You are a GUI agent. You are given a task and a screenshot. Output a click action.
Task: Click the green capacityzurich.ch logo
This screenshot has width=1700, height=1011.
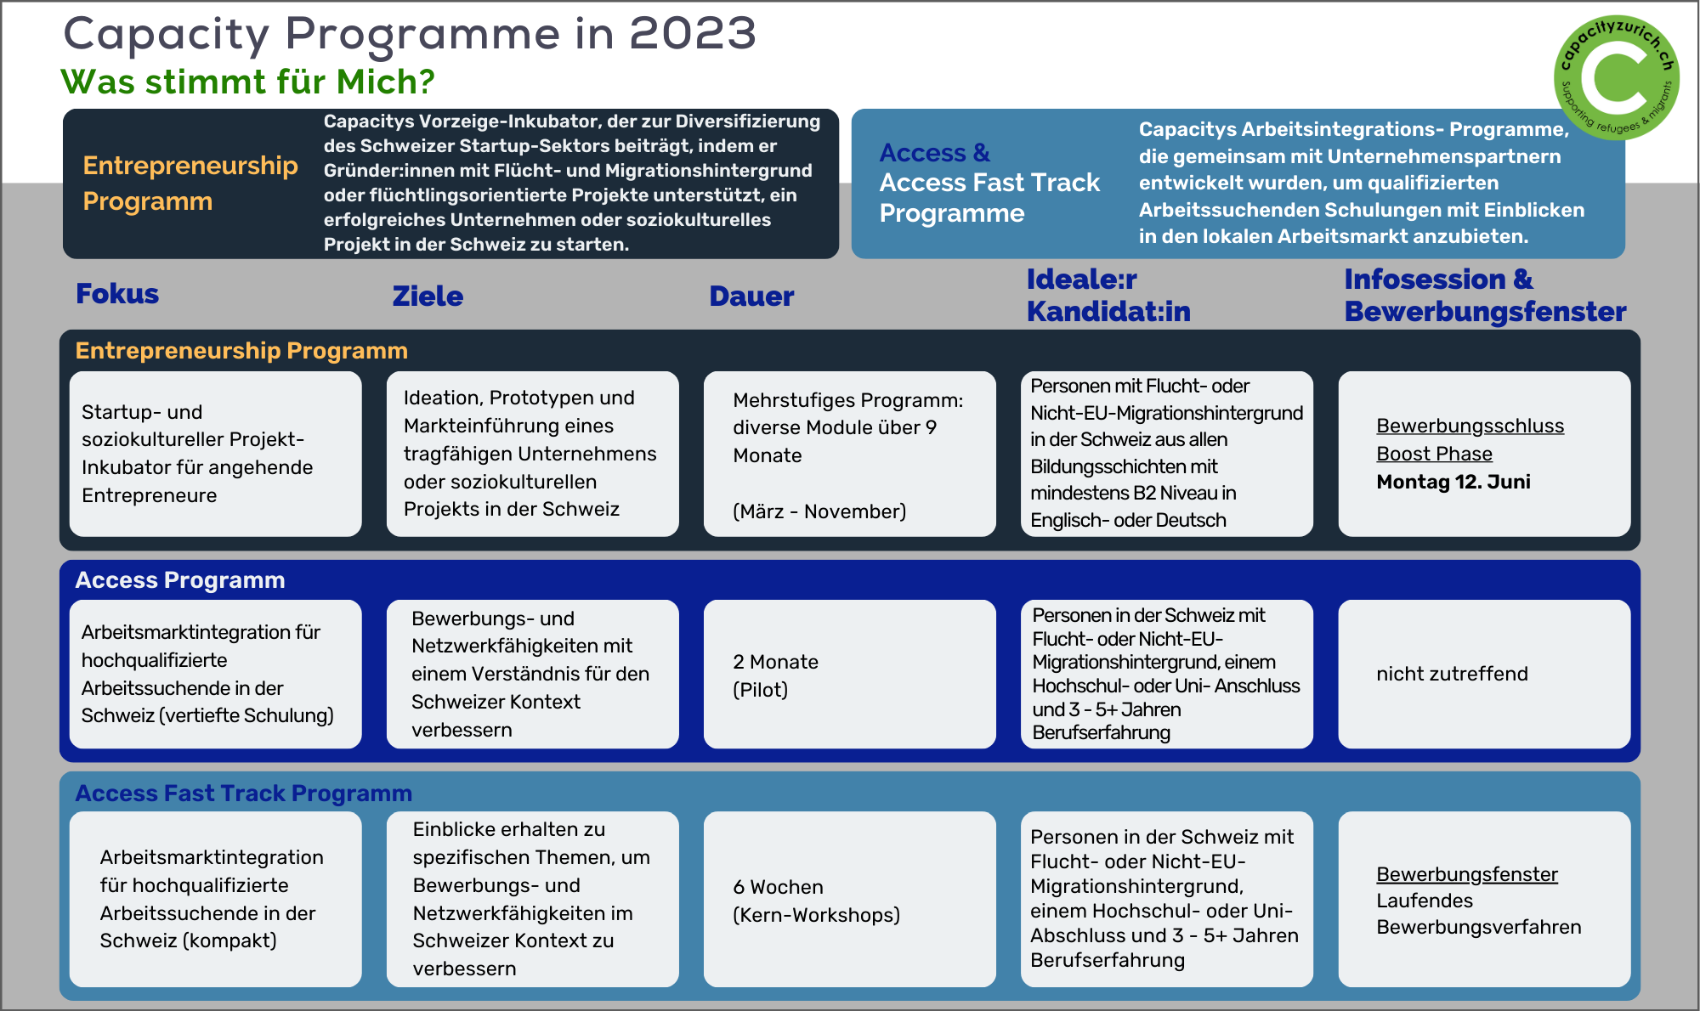point(1616,77)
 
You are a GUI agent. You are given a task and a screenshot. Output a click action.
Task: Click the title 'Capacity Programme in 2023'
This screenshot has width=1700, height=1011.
point(410,35)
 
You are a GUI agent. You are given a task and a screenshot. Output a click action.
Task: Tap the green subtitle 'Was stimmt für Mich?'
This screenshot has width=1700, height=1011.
point(248,82)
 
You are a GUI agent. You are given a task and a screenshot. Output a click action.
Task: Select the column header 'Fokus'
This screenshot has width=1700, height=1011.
point(117,294)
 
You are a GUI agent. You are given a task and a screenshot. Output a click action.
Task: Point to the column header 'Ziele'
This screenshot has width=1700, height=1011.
point(428,297)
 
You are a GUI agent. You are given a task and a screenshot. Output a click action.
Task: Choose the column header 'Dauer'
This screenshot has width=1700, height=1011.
point(751,297)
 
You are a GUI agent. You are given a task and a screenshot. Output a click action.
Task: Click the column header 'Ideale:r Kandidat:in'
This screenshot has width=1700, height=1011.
point(1108,295)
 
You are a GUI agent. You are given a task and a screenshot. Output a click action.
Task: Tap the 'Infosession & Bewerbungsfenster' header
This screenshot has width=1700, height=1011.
point(1485,295)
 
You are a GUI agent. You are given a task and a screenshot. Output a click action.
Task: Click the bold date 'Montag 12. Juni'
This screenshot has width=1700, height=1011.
point(1453,482)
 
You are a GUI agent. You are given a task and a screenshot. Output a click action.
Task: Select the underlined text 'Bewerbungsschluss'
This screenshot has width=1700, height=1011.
point(1470,426)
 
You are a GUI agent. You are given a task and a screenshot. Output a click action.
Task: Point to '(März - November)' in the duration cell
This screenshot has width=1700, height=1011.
point(819,511)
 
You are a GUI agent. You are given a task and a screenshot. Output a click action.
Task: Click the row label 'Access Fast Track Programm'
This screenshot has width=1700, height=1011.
point(243,793)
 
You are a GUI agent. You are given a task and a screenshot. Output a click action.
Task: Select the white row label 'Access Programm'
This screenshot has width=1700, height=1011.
point(180,580)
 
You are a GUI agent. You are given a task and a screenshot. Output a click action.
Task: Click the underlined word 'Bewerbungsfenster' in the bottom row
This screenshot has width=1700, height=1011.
point(1467,874)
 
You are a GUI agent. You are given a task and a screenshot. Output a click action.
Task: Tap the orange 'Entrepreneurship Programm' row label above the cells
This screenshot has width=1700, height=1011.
point(241,351)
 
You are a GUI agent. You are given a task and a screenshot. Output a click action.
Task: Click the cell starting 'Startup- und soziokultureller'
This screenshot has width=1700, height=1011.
point(215,454)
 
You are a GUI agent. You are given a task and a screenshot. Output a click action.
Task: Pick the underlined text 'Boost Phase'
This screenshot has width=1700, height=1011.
point(1434,454)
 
